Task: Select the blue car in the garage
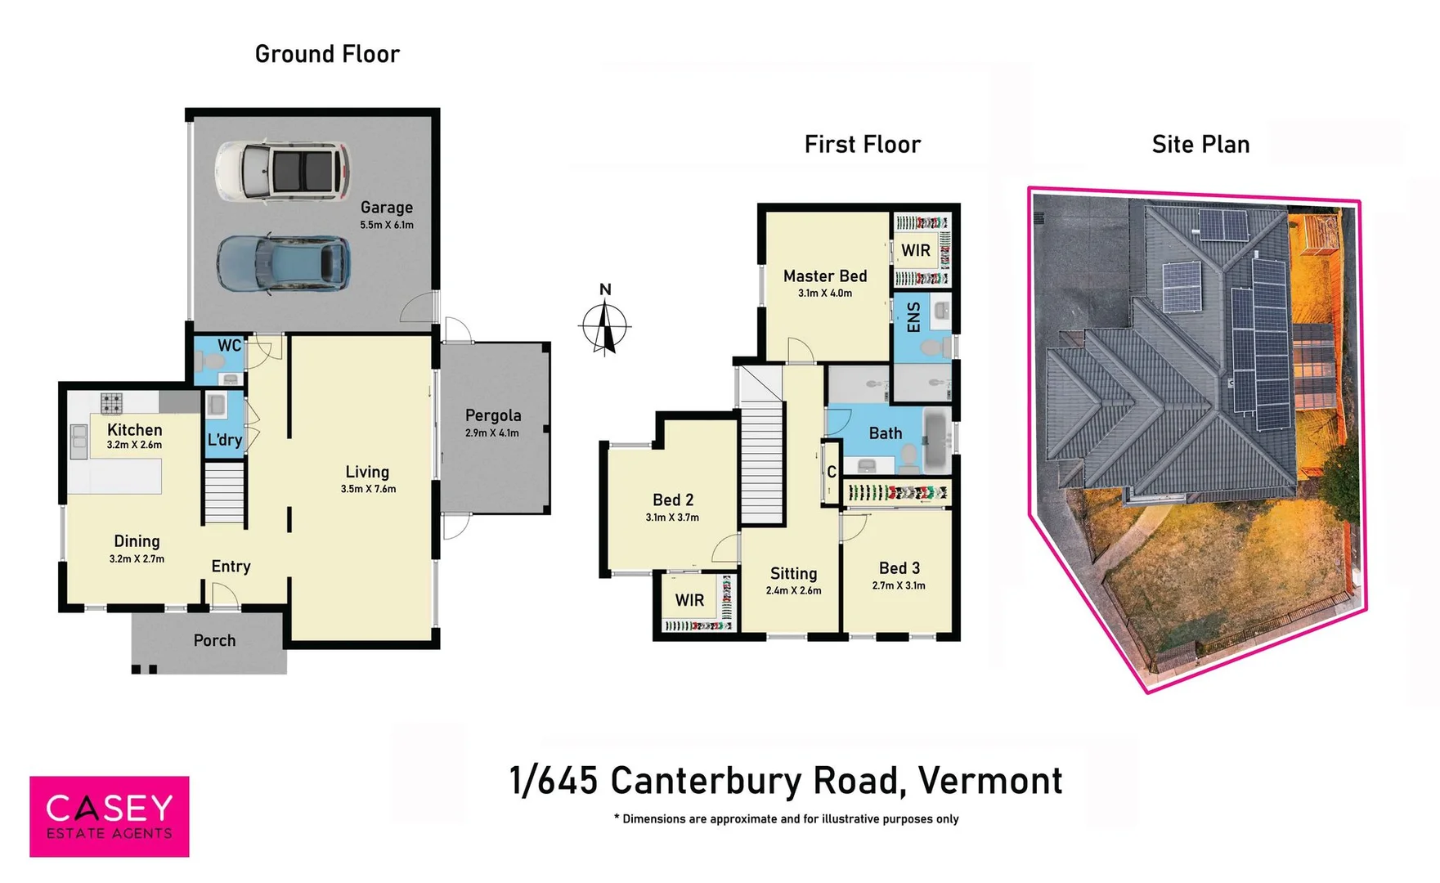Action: click(284, 264)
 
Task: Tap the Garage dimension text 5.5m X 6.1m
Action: click(387, 225)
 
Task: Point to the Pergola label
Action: click(493, 415)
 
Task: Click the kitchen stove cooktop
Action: click(112, 402)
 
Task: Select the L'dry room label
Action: click(224, 440)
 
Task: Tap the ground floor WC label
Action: click(229, 346)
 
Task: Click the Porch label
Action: click(214, 640)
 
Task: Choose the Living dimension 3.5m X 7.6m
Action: click(368, 489)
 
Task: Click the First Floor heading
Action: click(862, 145)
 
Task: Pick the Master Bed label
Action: click(824, 276)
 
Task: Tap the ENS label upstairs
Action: click(914, 317)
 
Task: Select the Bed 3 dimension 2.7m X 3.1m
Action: click(899, 585)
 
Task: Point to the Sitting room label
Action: click(793, 574)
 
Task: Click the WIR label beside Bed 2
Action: click(689, 600)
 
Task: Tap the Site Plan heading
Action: click(1200, 145)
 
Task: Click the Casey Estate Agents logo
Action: click(110, 816)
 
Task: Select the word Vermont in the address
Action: click(990, 781)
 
